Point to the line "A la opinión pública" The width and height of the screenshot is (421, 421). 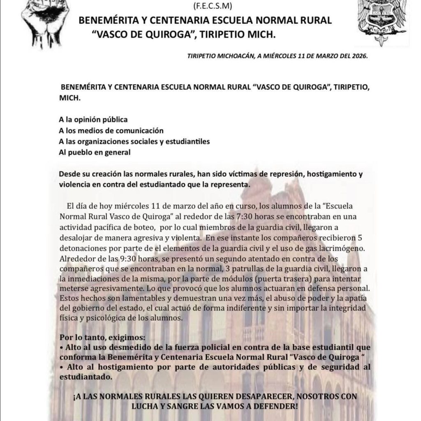pos(93,120)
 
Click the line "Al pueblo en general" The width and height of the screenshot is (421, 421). pos(95,152)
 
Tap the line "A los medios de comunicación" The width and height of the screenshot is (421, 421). pos(111,131)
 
